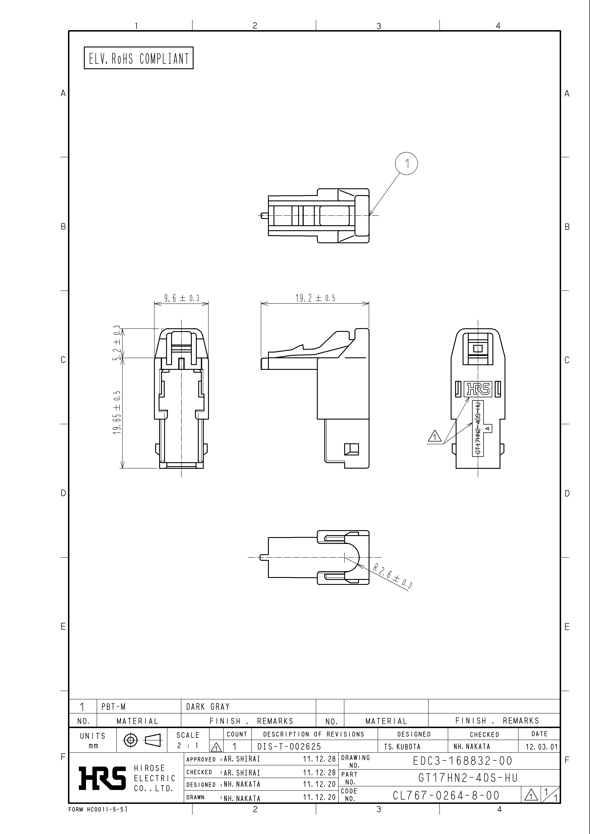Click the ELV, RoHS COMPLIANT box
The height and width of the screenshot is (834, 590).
(138, 58)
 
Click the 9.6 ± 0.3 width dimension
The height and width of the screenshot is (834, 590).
(182, 298)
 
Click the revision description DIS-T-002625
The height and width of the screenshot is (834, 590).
(289, 747)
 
